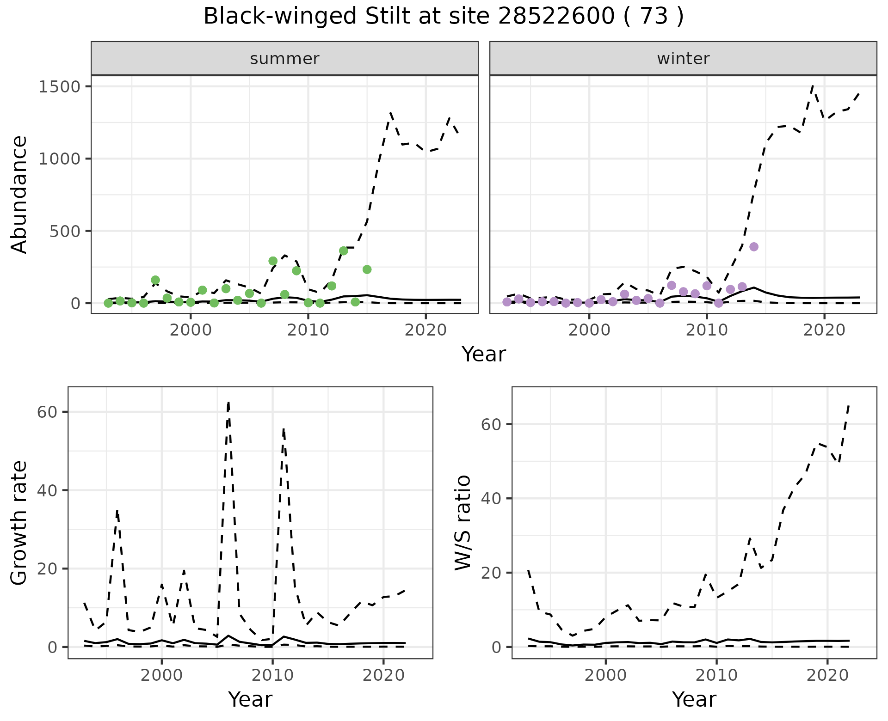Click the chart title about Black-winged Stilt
443,17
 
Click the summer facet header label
284,59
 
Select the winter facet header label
683,59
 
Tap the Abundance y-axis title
19,195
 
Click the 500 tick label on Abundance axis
65,231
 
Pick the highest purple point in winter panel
754,247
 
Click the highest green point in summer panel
343,251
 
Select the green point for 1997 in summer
155,280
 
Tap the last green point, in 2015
367,269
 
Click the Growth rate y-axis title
19,523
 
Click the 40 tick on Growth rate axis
47,490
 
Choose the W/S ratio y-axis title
463,523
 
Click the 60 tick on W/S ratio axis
491,424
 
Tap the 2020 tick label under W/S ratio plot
827,675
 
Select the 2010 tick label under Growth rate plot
272,675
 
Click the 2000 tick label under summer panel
191,330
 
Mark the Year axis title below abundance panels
484,354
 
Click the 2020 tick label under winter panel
824,330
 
